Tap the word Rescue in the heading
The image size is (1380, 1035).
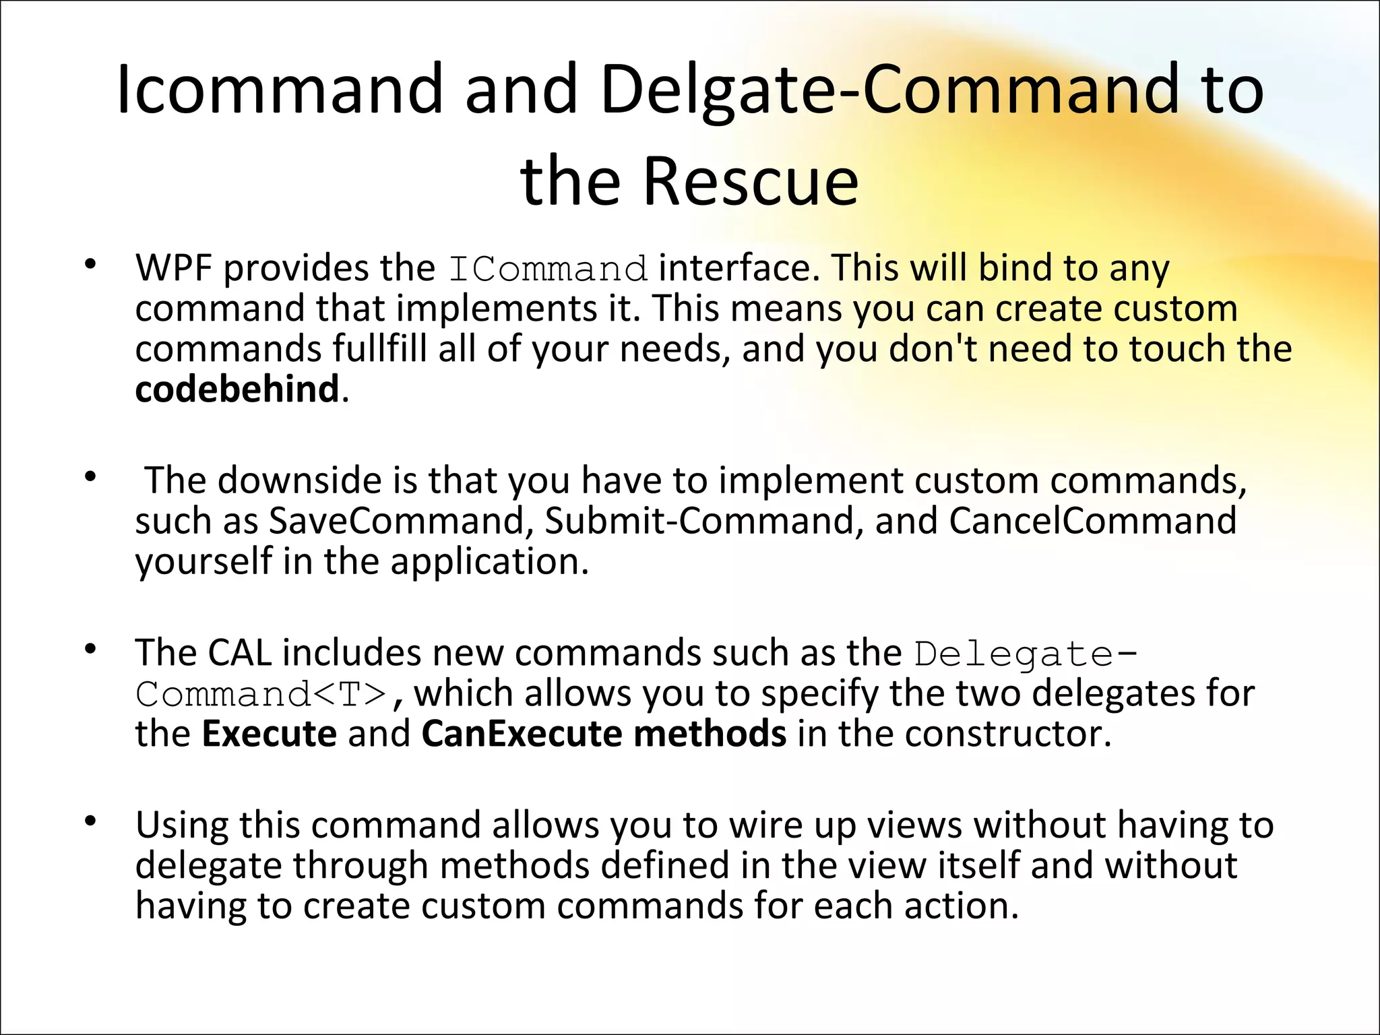(x=751, y=181)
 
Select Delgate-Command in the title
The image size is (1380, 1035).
(x=889, y=90)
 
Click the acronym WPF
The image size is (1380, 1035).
(x=174, y=268)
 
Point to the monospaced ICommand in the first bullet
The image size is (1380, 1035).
(x=548, y=270)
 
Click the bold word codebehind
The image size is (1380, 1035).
(x=237, y=389)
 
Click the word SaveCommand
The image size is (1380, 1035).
(x=397, y=521)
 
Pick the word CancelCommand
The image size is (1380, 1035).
(x=1092, y=521)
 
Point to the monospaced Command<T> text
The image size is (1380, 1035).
(x=261, y=695)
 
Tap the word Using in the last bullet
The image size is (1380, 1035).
(x=181, y=825)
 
